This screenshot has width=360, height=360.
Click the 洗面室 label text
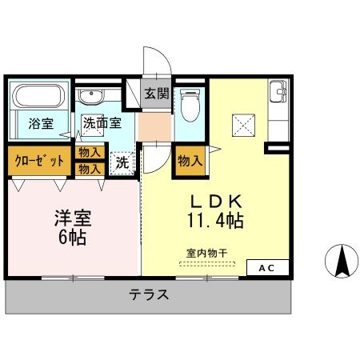[102, 123]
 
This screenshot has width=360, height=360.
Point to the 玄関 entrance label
[155, 94]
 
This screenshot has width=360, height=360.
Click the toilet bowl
[190, 105]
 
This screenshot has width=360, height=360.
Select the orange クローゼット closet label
[38, 160]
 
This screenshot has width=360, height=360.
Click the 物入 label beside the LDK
[189, 161]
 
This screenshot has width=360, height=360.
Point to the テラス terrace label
[150, 294]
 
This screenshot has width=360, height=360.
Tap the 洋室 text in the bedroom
[70, 217]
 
